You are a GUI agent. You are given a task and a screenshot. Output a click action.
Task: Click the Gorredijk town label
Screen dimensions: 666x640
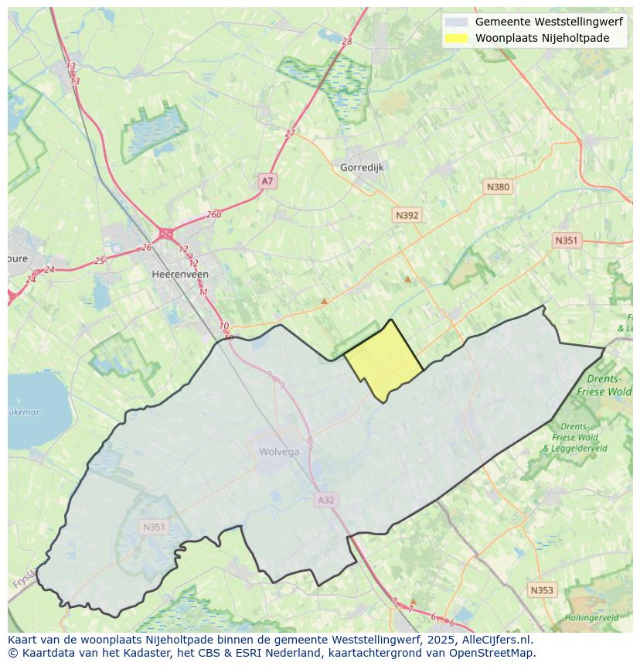point(362,167)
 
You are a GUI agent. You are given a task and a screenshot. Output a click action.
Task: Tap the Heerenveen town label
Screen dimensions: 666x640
point(180,274)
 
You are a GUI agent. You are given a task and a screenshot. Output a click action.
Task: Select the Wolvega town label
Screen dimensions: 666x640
point(279,452)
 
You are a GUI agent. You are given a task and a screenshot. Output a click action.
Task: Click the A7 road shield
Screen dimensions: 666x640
point(267,181)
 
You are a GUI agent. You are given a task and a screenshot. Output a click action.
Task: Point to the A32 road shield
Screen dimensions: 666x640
point(326,500)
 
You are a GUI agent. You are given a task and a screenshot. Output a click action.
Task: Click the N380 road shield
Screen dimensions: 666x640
point(498,186)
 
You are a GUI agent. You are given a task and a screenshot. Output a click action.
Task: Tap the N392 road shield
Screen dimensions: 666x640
point(407,215)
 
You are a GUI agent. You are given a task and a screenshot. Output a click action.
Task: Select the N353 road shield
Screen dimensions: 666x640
point(542,590)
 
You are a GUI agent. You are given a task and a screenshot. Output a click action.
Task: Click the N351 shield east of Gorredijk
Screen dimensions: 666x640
point(566,241)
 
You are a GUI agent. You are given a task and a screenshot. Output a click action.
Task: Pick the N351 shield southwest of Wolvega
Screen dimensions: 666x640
point(154,527)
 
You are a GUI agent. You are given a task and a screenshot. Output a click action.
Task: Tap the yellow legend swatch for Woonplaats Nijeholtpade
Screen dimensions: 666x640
point(457,38)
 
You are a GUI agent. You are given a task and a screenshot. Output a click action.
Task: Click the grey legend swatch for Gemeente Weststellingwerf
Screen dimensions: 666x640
point(457,22)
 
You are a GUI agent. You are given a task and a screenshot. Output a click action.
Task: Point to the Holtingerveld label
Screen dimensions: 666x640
point(591,618)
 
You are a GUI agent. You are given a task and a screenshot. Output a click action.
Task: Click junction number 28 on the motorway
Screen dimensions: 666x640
point(346,42)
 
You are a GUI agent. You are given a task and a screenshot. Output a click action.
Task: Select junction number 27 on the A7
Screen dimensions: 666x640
point(290,133)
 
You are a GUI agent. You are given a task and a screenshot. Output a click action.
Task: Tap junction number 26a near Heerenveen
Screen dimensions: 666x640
point(214,214)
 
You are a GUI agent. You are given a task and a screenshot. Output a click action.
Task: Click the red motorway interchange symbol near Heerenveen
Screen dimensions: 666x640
point(166,233)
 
